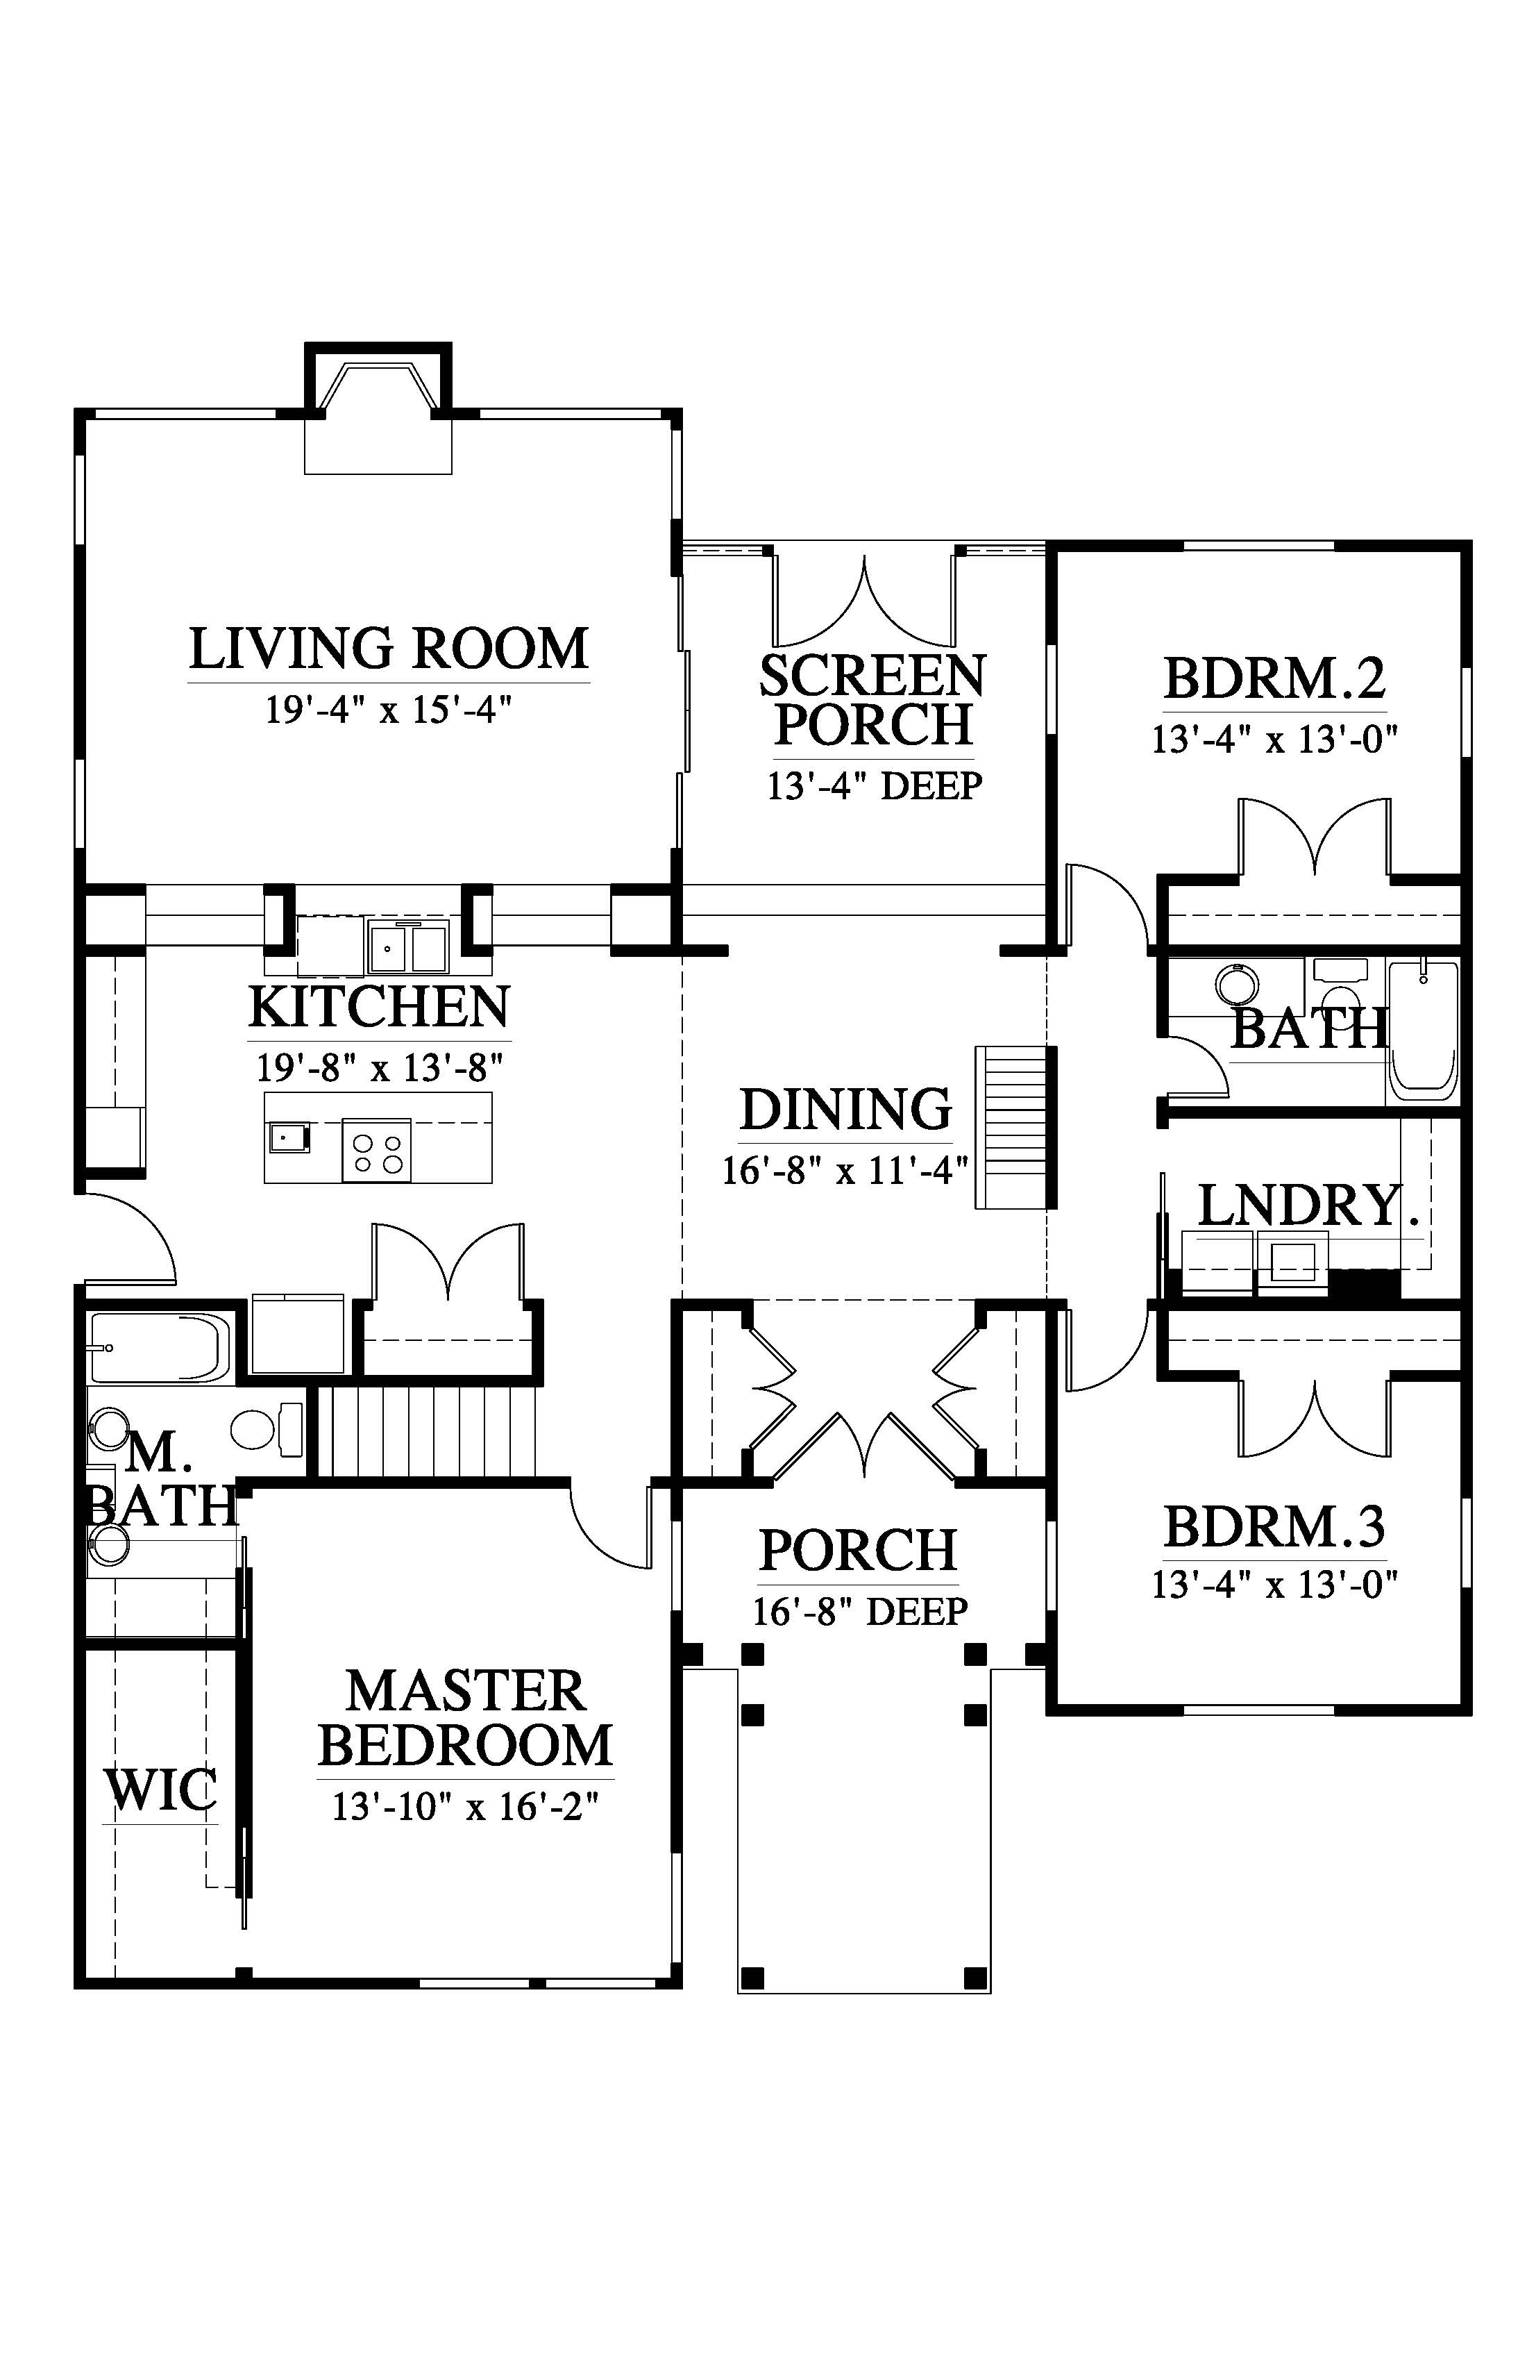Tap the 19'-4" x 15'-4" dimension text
point(389,710)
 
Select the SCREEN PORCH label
point(872,701)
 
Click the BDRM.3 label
point(1274,1527)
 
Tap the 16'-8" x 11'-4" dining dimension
point(845,1171)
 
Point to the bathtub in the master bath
point(160,1348)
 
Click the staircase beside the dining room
point(1011,1127)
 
